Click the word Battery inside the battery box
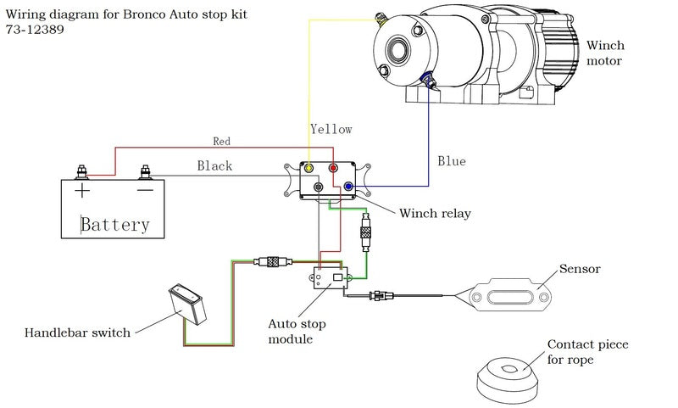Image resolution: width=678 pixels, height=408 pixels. pyautogui.click(x=115, y=224)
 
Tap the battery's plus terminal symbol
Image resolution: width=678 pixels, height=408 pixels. pyautogui.click(x=82, y=190)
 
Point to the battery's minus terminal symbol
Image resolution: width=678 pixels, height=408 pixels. pyautogui.click(x=145, y=190)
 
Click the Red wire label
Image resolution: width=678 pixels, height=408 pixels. pyautogui.click(x=221, y=141)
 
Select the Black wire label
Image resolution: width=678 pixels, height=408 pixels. pyautogui.click(x=214, y=166)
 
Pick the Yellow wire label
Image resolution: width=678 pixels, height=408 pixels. pyautogui.click(x=331, y=129)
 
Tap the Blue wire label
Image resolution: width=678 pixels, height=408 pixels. pyautogui.click(x=452, y=160)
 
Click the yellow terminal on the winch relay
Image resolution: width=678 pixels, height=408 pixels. pyautogui.click(x=311, y=168)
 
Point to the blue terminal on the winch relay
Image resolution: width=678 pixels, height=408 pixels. pyautogui.click(x=347, y=186)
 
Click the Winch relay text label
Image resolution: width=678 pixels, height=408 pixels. pyautogui.click(x=435, y=214)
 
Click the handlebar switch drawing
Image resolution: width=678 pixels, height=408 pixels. pyautogui.click(x=189, y=301)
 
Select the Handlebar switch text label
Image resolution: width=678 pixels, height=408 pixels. pyautogui.click(x=78, y=333)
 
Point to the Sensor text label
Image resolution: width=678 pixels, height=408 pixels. pyautogui.click(x=580, y=269)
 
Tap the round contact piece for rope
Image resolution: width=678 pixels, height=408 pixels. pyautogui.click(x=509, y=376)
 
